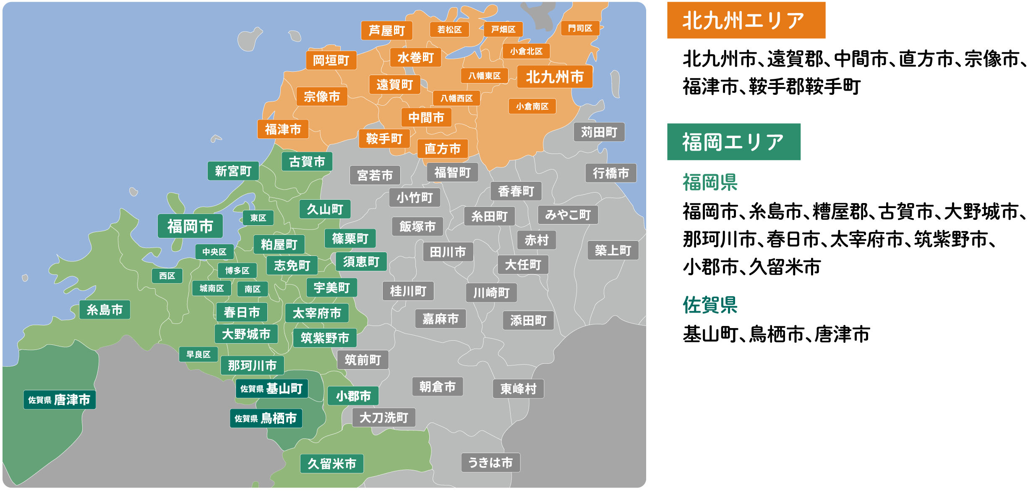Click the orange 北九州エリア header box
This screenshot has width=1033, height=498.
point(746,20)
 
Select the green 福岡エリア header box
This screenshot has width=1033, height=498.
point(733,142)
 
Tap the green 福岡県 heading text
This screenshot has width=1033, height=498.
point(710,182)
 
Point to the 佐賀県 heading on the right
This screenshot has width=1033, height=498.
point(710,305)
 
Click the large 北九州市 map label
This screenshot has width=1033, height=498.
point(554,77)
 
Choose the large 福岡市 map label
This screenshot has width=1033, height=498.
point(190,226)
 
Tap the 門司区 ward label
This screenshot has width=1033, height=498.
point(580,28)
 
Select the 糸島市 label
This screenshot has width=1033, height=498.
point(104,310)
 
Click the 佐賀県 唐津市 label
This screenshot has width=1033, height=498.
point(60,399)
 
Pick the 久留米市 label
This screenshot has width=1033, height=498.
point(331,464)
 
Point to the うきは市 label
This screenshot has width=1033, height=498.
point(490,462)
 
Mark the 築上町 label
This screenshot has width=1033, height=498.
point(613,250)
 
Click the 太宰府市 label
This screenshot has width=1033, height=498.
point(317,313)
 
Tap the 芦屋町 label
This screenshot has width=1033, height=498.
point(386,31)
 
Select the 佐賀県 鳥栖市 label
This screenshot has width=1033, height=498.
point(266,418)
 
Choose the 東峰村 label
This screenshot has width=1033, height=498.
point(518,389)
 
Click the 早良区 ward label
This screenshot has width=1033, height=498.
point(198,355)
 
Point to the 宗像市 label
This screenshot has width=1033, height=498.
point(322,97)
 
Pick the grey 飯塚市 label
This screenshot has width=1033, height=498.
point(417,227)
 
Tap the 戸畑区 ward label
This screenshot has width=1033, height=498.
point(503,29)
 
